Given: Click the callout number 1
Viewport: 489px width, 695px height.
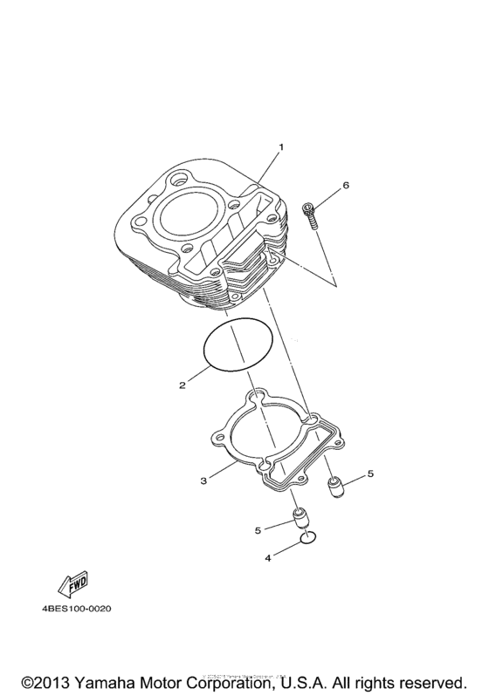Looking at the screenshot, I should click(281, 147).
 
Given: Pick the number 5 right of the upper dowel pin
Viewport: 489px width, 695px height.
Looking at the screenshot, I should click(369, 474).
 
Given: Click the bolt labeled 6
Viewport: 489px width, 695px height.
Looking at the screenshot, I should click(309, 215).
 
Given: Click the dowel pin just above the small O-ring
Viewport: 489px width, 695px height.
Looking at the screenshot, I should click(300, 521).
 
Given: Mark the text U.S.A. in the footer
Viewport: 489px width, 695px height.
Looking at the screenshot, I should click(334, 679).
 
